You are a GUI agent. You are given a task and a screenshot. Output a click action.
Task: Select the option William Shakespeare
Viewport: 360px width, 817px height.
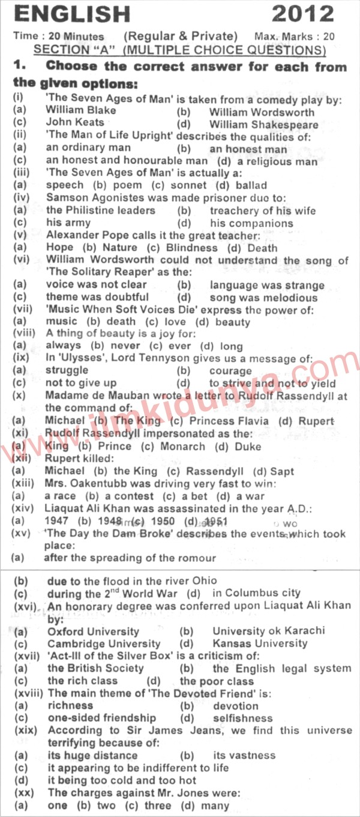(264, 124)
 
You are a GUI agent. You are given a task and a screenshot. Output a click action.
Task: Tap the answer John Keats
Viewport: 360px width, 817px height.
(71, 124)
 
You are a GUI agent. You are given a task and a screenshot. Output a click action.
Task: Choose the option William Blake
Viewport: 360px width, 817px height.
(80, 111)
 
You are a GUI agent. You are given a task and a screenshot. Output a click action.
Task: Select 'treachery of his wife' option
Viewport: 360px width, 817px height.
(262, 211)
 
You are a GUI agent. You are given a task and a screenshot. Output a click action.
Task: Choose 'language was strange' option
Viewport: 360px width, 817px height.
(267, 285)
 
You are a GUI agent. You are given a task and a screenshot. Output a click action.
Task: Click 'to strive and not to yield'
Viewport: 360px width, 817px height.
(280, 384)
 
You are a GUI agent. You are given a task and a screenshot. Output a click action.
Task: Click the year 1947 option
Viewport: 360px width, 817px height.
(56, 521)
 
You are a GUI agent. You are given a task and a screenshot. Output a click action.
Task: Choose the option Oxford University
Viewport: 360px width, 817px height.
(93, 632)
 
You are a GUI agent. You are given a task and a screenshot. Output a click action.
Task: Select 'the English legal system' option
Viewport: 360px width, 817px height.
(281, 668)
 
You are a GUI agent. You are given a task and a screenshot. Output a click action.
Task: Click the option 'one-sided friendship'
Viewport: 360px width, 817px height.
(101, 718)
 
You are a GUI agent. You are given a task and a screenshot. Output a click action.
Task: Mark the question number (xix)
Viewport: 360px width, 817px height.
(25, 731)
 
